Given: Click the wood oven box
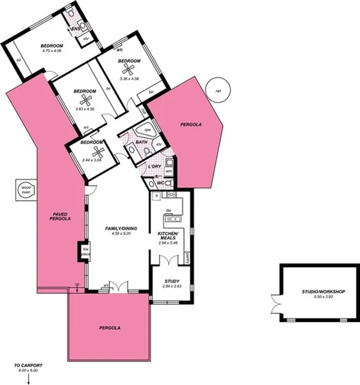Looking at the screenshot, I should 25,190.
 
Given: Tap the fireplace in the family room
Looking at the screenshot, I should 86,251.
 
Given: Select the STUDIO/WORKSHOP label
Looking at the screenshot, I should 323,292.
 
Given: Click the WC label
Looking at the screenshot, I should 161,184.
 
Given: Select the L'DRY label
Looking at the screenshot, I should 155,166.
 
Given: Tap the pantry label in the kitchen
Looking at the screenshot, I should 185,258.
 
